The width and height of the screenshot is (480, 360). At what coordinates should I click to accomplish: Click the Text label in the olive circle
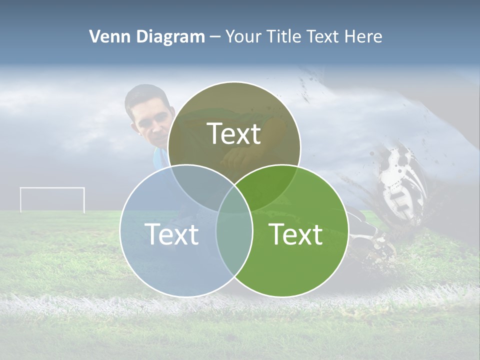(x=234, y=134)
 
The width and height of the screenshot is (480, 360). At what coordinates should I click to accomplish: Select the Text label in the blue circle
(x=171, y=234)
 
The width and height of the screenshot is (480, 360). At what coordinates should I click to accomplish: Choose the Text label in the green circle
(x=296, y=234)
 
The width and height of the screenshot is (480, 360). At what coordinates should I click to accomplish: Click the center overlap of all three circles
(x=234, y=200)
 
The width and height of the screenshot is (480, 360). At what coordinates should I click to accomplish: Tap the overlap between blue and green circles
(x=234, y=240)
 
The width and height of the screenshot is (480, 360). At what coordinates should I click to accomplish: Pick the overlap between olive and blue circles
(x=197, y=182)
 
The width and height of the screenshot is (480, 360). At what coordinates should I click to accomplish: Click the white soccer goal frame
(x=52, y=189)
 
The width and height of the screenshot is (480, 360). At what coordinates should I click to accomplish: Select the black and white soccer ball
(x=402, y=182)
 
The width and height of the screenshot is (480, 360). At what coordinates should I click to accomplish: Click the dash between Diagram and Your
(x=215, y=37)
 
